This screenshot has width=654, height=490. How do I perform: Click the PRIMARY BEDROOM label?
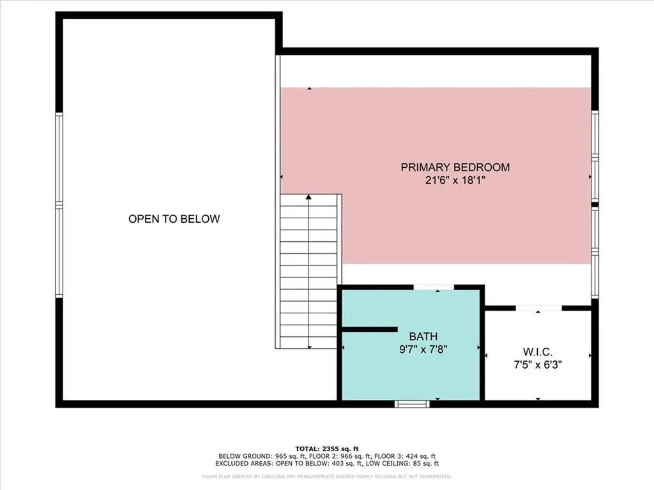tap(455, 167)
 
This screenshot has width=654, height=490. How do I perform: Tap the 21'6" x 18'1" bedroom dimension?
tap(455, 181)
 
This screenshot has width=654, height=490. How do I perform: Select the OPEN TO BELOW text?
tap(174, 219)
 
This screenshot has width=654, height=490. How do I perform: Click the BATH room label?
tap(423, 336)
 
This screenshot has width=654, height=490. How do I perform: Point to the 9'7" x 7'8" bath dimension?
tap(423, 350)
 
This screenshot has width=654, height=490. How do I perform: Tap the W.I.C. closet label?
tap(537, 352)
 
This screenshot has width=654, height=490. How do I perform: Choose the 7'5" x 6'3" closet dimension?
tap(537, 365)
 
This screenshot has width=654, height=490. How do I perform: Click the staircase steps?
tap(309, 271)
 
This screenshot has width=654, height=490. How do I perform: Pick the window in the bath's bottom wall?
tap(411, 403)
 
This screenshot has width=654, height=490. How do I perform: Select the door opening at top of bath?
tap(434, 288)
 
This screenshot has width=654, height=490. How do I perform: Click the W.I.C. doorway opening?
tap(538, 309)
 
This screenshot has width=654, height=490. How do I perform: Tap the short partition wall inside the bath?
tap(370, 329)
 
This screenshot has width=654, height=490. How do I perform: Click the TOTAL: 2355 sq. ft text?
tap(326, 448)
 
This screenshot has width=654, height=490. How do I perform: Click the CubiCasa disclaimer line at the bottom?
tap(326, 476)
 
